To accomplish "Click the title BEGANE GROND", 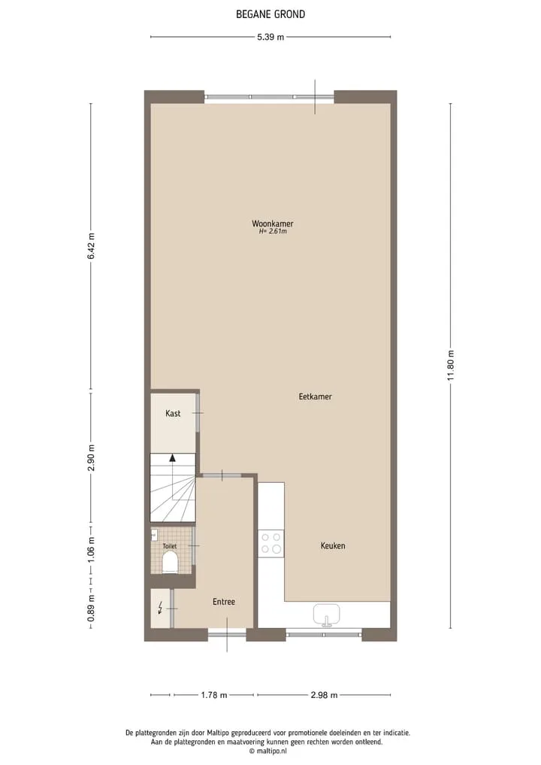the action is [x=270, y=14].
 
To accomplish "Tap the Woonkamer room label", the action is [x=273, y=223].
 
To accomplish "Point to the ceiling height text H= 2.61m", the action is [x=273, y=231].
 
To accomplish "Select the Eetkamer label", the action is [x=316, y=396].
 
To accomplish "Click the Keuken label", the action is [x=333, y=545].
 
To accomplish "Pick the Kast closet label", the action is [x=173, y=413].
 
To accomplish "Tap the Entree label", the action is [x=224, y=602].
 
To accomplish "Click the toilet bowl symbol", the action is [x=170, y=562].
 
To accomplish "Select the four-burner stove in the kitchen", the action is [x=271, y=544].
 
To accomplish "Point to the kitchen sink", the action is [x=327, y=615].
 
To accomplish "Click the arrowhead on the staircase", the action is [x=172, y=457].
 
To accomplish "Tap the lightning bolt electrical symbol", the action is [x=160, y=608].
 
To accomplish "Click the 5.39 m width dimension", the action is [x=270, y=37].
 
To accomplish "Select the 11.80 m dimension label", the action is [x=451, y=366].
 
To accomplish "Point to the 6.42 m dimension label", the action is [x=91, y=247].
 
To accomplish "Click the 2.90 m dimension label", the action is [x=91, y=458].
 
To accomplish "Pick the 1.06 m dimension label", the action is [x=91, y=549].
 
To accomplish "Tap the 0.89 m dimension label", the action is [x=91, y=609].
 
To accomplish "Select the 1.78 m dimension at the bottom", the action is [x=214, y=695].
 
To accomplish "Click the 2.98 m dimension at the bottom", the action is [x=324, y=695].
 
